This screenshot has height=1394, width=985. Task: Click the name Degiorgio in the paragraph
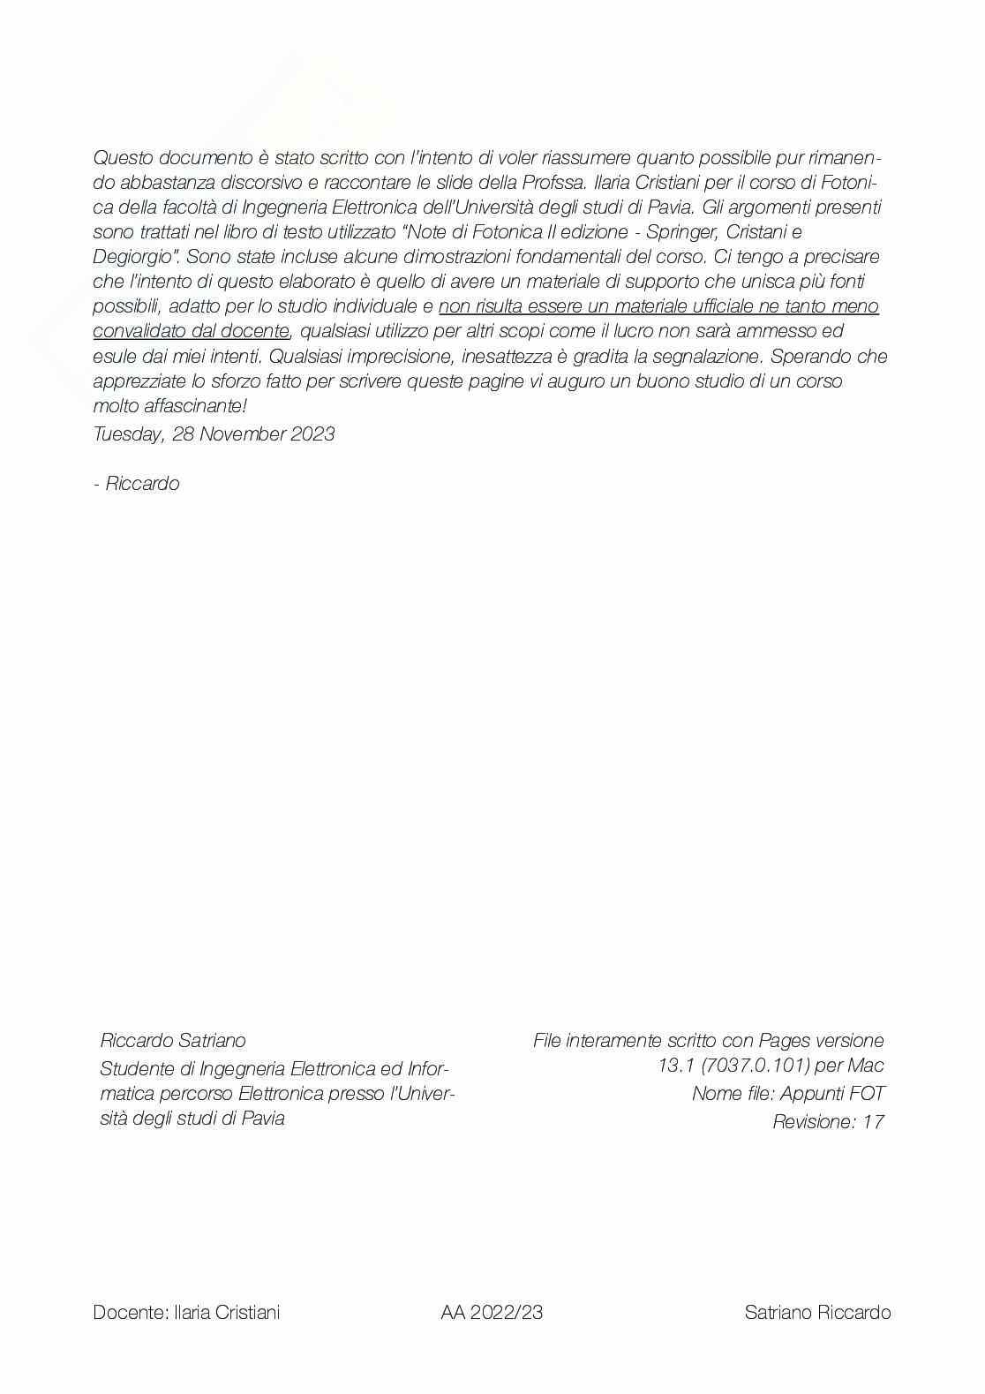(135, 257)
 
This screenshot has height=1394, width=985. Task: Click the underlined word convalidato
(139, 331)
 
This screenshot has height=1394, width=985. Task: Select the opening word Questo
(124, 158)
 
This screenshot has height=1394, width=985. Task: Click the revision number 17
(873, 1122)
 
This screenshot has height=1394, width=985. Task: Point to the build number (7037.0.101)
(755, 1066)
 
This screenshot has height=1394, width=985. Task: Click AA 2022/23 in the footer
(492, 1313)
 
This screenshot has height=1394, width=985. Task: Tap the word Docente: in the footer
(130, 1313)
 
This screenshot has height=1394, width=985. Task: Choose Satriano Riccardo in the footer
(817, 1313)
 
